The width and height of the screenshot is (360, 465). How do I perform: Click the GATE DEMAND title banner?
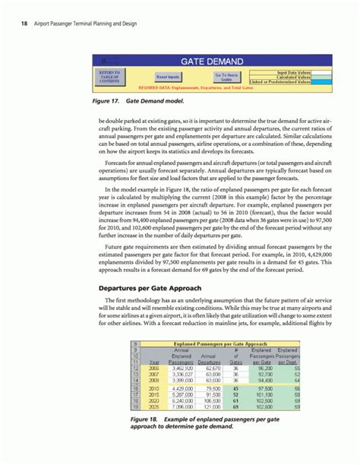pos(211,61)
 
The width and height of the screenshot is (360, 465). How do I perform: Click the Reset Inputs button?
pos(168,77)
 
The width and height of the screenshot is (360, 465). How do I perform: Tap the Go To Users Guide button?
pos(226,77)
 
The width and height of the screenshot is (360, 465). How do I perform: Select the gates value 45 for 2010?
pos(236,387)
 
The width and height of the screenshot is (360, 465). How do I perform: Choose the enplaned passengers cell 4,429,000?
pos(182,387)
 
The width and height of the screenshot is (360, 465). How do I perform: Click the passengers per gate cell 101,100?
pos(262,394)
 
